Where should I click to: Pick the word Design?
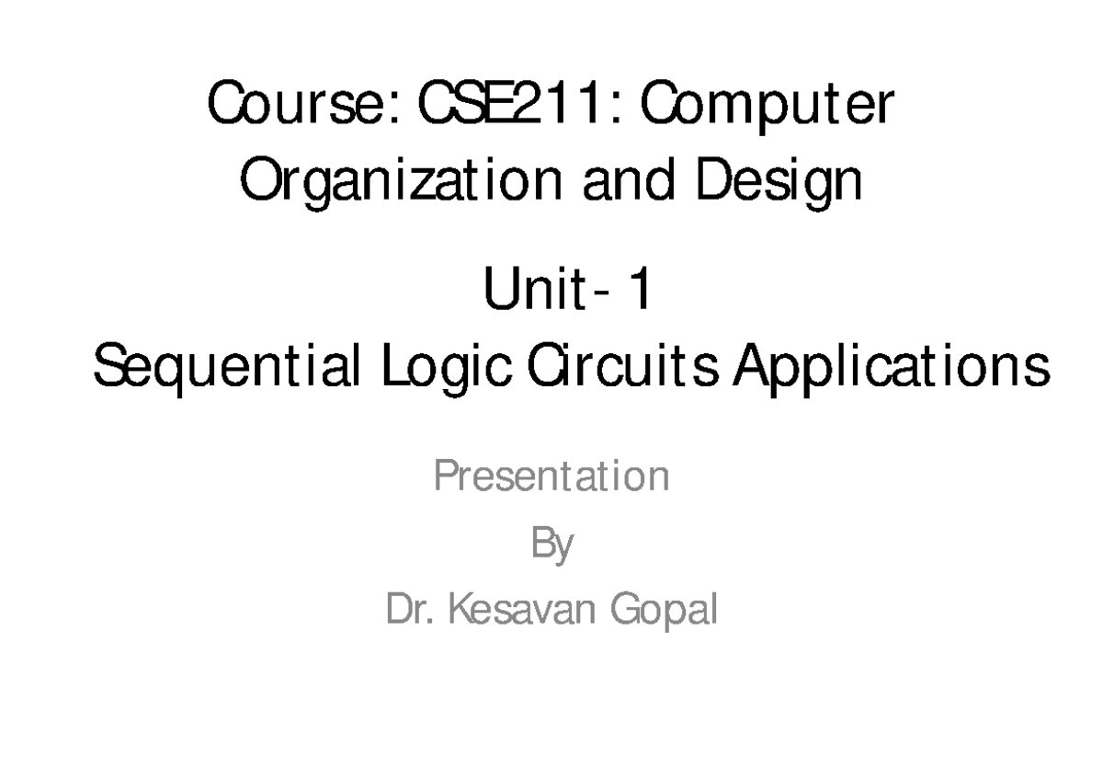[x=779, y=182]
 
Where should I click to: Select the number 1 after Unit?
[x=639, y=294]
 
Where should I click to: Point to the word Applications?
[x=888, y=370]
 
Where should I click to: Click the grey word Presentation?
[x=551, y=476]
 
